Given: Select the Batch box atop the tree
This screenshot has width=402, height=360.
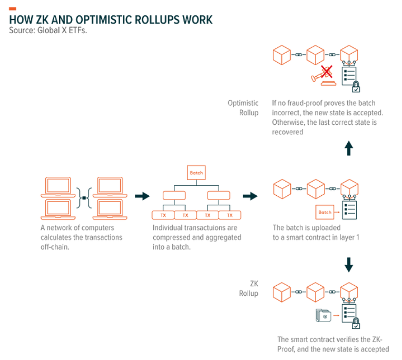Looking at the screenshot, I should pyautogui.click(x=196, y=173).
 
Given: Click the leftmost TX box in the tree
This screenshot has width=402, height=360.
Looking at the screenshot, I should pyautogui.click(x=163, y=215).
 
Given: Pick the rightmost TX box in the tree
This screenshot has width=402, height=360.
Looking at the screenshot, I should pyautogui.click(x=230, y=215).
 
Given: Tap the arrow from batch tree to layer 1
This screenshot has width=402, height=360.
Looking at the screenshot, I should pyautogui.click(x=250, y=196).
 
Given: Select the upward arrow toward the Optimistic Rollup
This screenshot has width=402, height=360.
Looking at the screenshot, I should pyautogui.click(x=348, y=148).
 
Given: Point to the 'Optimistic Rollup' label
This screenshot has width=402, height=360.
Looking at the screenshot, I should pyautogui.click(x=243, y=108).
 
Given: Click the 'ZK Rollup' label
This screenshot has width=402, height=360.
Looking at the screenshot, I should pyautogui.click(x=249, y=288).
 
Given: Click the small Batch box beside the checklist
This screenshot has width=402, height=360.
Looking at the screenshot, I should pyautogui.click(x=325, y=212).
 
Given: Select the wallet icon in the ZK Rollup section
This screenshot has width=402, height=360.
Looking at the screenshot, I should pyautogui.click(x=321, y=315).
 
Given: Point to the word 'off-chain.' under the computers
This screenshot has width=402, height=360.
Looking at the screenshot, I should pyautogui.click(x=55, y=247).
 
